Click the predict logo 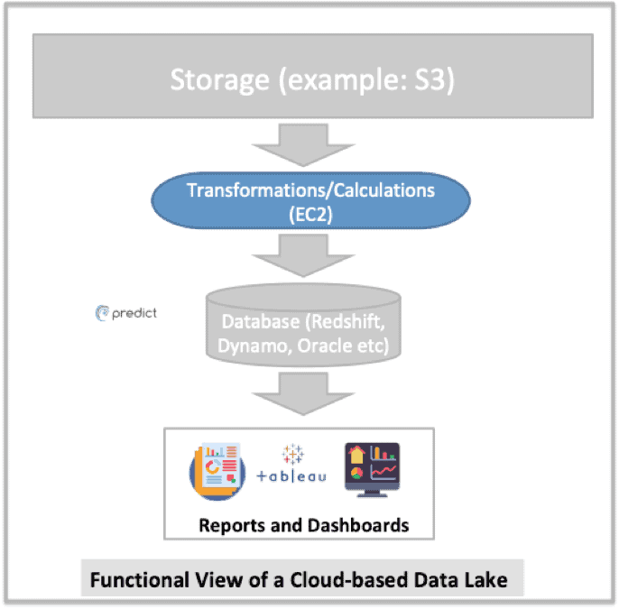(126, 313)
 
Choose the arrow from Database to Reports (309, 390)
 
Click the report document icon (214, 469)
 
